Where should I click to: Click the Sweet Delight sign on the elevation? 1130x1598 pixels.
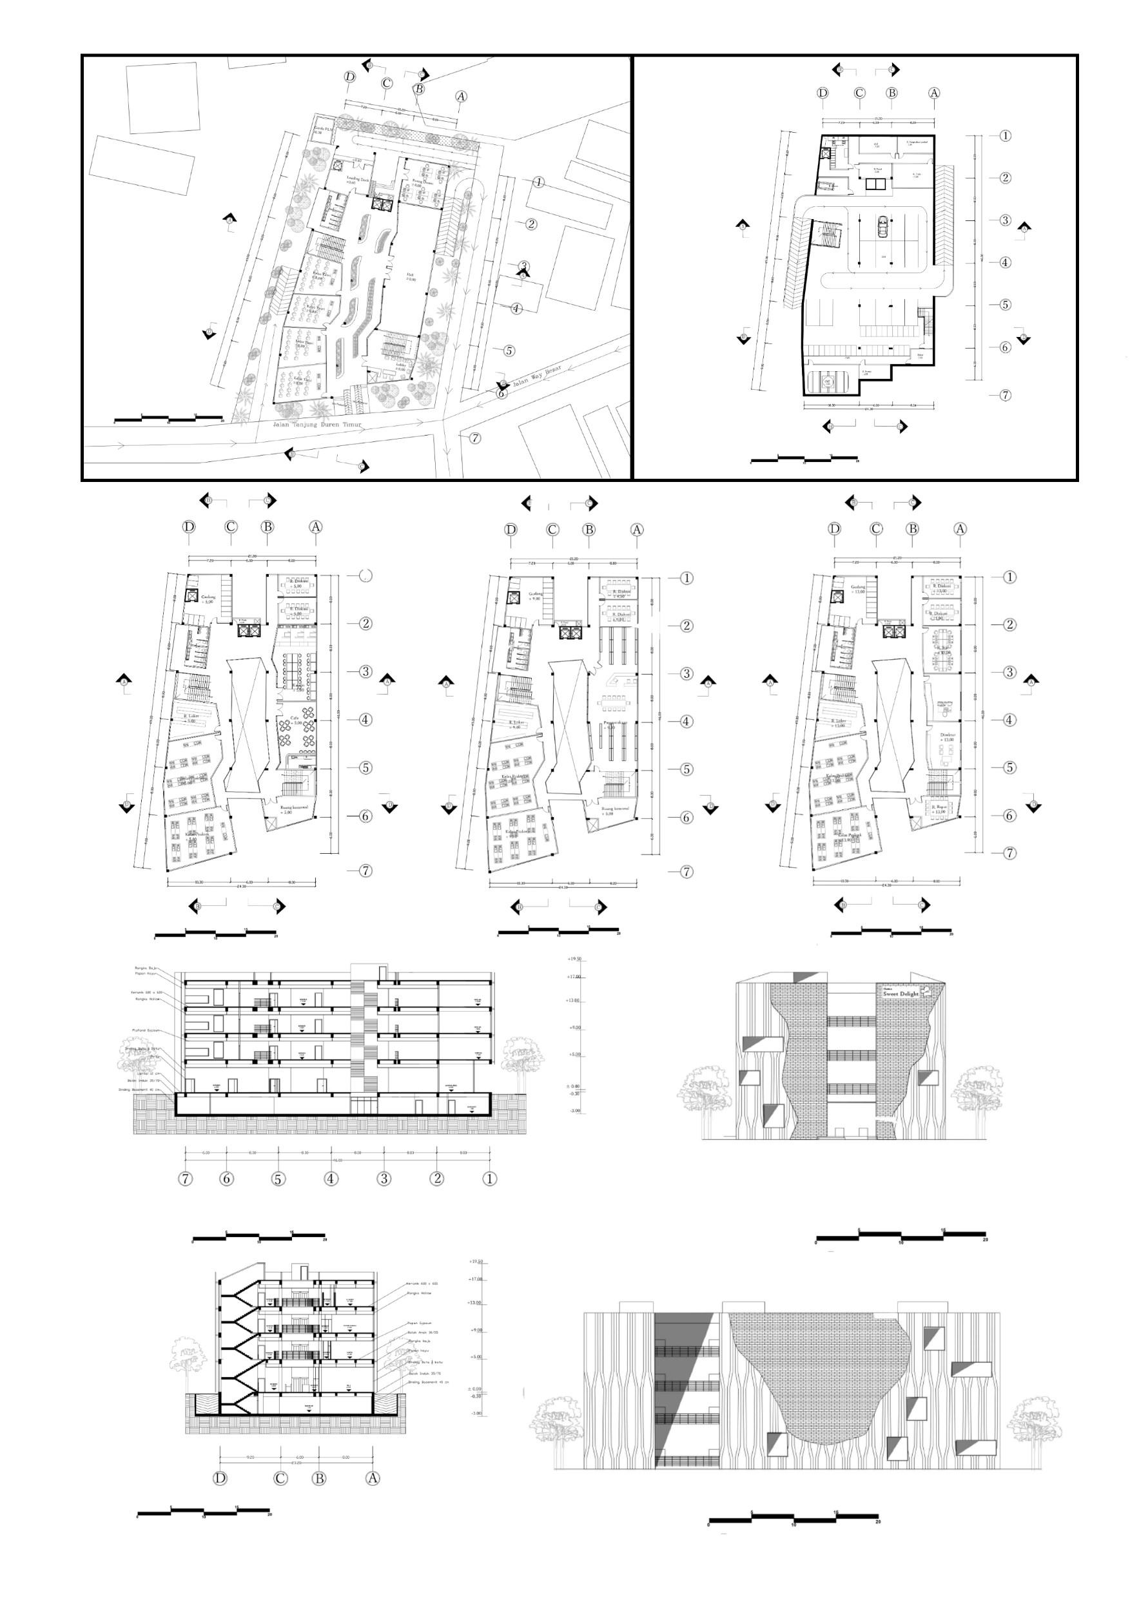tap(902, 994)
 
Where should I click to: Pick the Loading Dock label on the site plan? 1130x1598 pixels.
tap(362, 179)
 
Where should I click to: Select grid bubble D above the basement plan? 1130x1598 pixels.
tap(823, 93)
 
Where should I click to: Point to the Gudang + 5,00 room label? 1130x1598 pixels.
tap(207, 599)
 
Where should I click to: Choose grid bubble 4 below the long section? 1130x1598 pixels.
tap(331, 1179)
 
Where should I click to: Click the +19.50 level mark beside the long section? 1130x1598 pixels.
tap(573, 959)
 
